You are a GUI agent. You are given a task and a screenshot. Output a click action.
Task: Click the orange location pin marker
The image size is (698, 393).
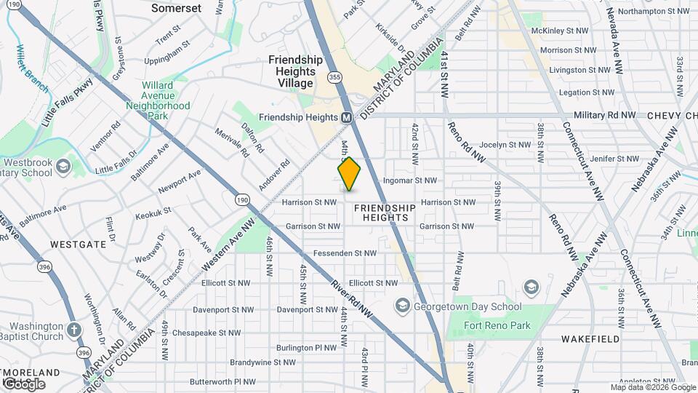(x=350, y=174)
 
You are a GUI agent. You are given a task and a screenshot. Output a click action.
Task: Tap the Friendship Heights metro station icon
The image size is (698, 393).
(x=347, y=117)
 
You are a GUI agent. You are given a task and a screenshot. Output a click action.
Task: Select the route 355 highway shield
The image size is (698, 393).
(x=334, y=76)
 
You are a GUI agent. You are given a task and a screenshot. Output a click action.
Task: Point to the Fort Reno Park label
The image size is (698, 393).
(x=498, y=325)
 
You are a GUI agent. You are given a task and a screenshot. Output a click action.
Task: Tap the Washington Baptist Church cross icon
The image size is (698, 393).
(x=73, y=330)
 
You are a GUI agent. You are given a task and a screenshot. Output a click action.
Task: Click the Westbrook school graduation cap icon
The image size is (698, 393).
(x=64, y=167)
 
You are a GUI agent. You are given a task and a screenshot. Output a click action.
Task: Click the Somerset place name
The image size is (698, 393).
(x=177, y=8)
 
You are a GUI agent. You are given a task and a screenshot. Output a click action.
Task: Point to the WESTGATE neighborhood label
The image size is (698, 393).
(x=79, y=245)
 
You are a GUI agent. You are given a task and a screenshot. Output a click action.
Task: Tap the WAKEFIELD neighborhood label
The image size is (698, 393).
(x=590, y=339)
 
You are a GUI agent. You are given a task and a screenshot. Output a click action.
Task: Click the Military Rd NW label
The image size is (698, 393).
(x=606, y=116)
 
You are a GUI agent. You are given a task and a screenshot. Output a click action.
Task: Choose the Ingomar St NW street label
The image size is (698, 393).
(x=409, y=180)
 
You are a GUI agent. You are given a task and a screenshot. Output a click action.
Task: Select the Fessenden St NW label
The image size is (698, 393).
(x=344, y=253)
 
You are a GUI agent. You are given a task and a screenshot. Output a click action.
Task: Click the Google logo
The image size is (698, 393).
(x=23, y=384)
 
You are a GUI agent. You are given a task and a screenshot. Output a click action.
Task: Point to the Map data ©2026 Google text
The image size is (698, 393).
(x=653, y=387)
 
